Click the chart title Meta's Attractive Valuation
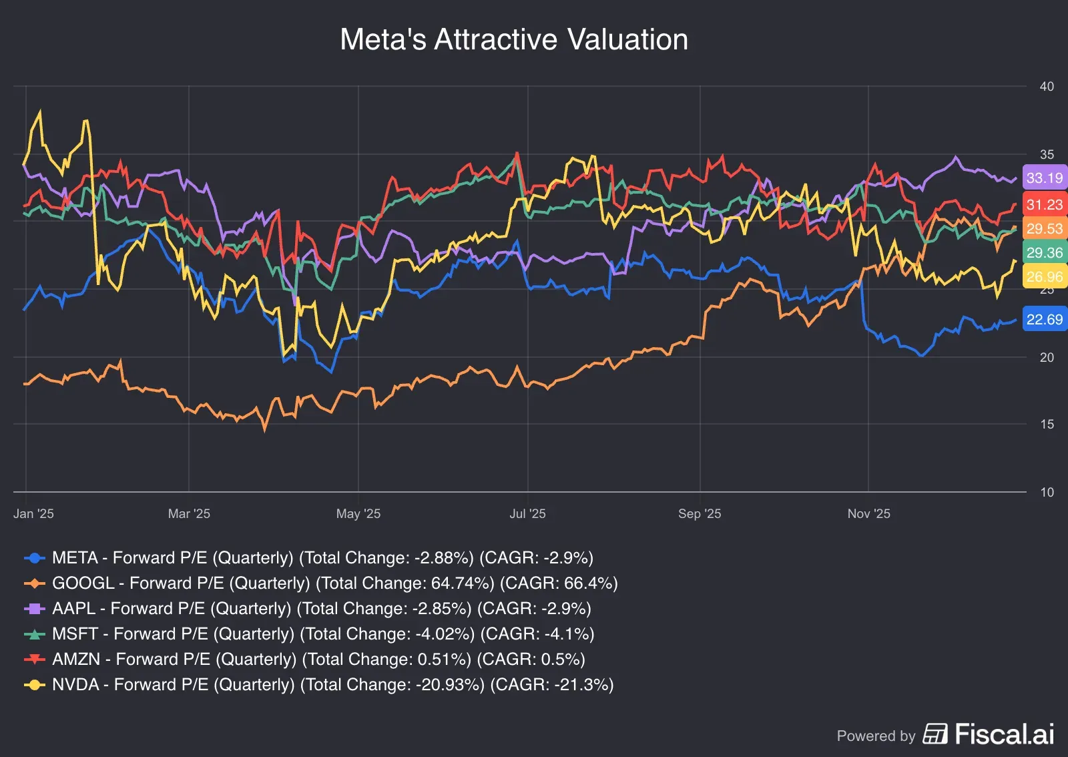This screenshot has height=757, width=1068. coord(514,39)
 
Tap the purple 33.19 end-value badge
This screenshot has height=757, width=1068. coord(1044,178)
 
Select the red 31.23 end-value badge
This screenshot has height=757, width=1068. coord(1044,204)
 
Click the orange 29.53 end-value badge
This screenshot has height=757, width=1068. coord(1044,228)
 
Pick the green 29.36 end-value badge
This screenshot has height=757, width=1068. coord(1044,252)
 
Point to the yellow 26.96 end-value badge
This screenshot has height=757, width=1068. coord(1044,276)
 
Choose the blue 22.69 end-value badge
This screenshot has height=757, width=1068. coord(1044,319)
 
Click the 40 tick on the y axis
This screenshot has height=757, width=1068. coord(1047,86)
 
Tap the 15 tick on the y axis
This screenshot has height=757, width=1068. coord(1047,424)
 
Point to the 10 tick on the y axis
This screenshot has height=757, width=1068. coord(1047,492)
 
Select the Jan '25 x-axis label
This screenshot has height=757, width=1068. coord(33,513)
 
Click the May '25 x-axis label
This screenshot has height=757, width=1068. coord(358,513)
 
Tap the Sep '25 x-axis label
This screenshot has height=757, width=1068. coord(699,513)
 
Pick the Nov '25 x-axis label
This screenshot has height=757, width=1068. coord(868,513)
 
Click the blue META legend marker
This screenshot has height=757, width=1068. coord(35,558)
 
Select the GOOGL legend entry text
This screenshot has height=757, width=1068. coord(334,583)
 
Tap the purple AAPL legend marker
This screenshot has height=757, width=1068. coord(35,609)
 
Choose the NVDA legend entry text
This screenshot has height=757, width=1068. coord(332,684)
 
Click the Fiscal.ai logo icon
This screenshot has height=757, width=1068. coord(935,734)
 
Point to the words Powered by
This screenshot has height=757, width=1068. coord(876,736)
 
